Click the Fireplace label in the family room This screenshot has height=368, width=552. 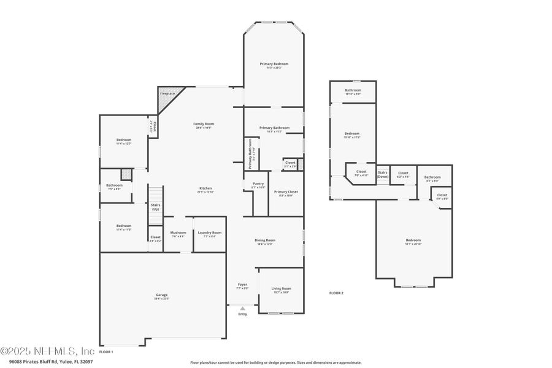(167, 94)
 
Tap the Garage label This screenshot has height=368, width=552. (161, 295)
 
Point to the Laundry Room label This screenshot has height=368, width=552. (210, 232)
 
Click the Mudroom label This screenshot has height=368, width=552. (178, 232)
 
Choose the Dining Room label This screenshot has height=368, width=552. (265, 240)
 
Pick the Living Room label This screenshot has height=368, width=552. (282, 288)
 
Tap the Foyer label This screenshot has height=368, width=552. (242, 285)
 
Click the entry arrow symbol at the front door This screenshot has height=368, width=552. (242, 308)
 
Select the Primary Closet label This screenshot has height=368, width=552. (286, 191)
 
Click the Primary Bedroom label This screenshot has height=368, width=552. (274, 64)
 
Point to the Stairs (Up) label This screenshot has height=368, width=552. (156, 207)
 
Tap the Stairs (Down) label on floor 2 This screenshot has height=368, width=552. (383, 174)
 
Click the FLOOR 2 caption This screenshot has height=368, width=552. (336, 293)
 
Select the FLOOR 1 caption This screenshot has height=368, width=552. (106, 352)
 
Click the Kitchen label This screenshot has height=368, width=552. (205, 188)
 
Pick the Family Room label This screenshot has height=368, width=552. (204, 124)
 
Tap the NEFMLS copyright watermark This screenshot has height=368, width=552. (47, 351)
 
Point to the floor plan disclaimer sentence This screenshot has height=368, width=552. (275, 362)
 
